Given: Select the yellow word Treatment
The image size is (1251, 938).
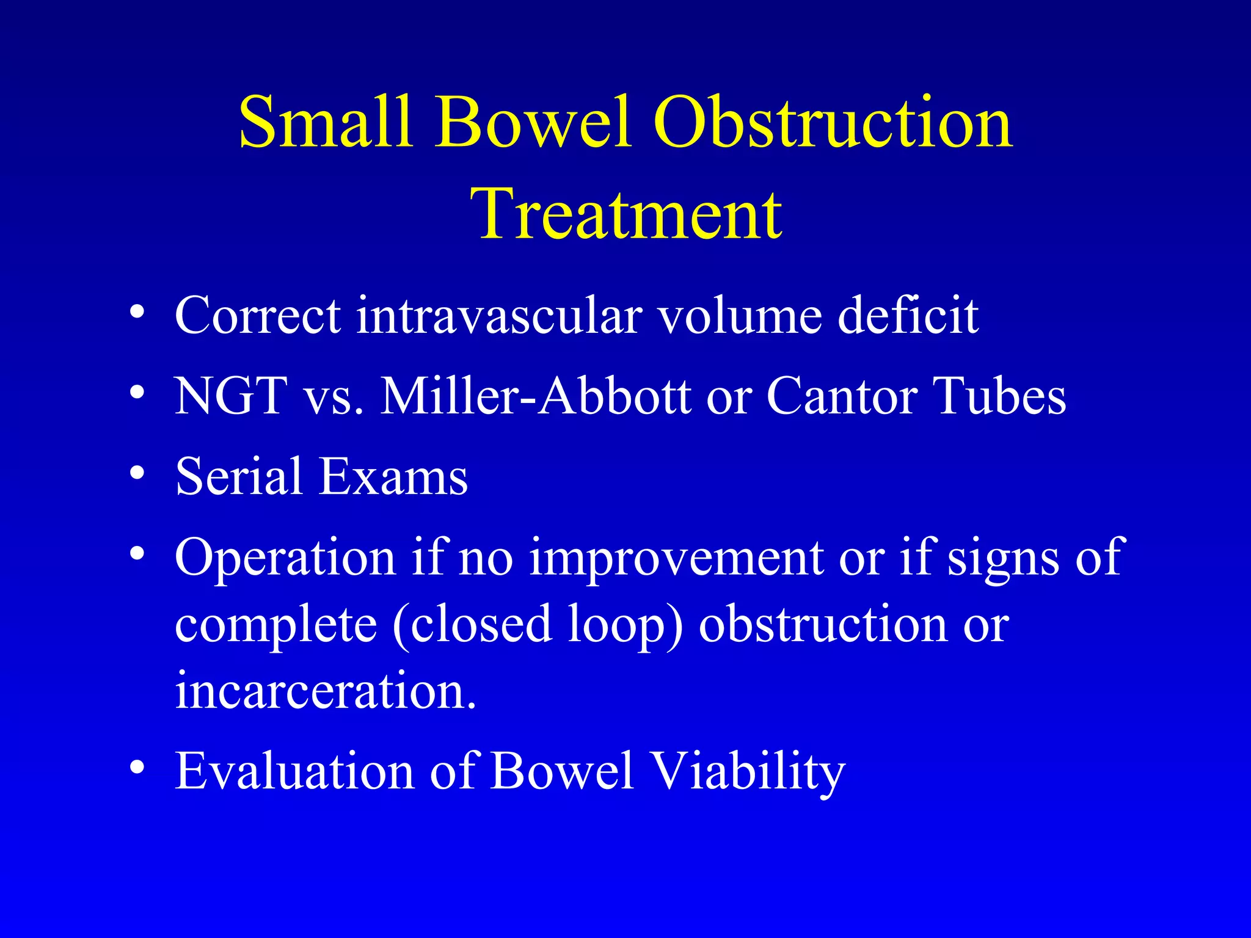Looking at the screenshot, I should [627, 214].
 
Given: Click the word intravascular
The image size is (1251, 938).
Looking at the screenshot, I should [498, 315].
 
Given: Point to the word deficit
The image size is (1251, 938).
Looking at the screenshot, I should [908, 315].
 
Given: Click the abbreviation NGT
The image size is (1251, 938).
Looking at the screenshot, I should [231, 396].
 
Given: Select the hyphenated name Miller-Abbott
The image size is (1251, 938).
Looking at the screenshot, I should [536, 396].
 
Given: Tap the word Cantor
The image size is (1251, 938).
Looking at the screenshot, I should [841, 396].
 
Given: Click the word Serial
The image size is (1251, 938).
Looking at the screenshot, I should [238, 476].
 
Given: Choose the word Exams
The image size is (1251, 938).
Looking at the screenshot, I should [393, 476].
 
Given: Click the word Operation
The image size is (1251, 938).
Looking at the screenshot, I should [285, 558].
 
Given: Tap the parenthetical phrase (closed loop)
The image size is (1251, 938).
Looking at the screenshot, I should [537, 625].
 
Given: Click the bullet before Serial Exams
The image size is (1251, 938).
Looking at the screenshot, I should [137, 473].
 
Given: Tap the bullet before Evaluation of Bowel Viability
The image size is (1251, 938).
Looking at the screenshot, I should [137, 768].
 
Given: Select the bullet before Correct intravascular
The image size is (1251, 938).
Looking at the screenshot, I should [137, 312].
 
